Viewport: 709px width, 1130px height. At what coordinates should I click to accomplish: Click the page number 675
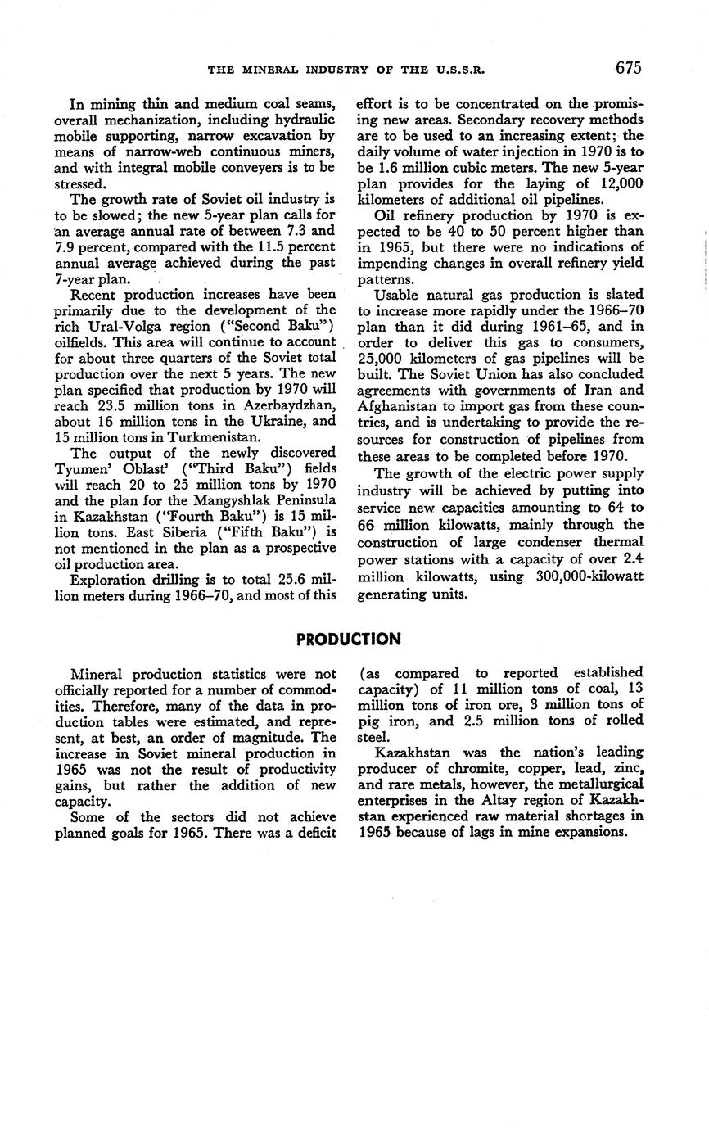(x=625, y=68)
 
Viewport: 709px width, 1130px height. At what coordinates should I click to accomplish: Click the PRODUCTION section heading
(x=349, y=639)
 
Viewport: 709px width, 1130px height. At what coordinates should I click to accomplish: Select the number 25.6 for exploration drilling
(x=281, y=580)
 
